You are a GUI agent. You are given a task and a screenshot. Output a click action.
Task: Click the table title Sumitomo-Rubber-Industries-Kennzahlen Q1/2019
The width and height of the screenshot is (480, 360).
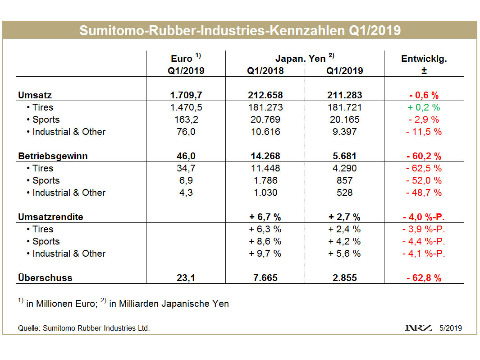coord(240,30)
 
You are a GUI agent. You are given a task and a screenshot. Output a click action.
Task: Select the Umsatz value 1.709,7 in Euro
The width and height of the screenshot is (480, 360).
coord(186,95)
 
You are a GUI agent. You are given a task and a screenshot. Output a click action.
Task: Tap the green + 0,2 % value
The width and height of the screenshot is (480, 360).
coord(424,107)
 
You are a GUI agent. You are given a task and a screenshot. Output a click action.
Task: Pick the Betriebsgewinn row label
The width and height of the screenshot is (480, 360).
coord(53,156)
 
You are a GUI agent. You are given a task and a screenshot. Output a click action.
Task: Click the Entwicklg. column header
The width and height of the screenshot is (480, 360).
coord(424,59)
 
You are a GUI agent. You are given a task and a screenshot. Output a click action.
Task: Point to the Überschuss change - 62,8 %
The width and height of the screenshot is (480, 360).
coord(424,278)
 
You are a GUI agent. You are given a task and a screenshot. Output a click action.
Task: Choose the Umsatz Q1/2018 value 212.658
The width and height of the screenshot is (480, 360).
coord(265,95)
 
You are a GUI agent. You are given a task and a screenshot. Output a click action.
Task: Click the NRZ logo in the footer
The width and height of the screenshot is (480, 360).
coord(419,328)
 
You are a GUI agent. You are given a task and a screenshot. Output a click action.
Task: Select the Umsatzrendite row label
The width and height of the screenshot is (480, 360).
coord(50,217)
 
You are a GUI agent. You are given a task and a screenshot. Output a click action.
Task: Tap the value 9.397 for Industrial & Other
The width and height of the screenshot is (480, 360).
coord(344,132)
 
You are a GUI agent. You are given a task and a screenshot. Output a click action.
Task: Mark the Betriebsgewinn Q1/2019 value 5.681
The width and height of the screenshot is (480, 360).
coord(344,156)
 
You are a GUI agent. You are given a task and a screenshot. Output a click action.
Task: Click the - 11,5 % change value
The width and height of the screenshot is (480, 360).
coord(424,132)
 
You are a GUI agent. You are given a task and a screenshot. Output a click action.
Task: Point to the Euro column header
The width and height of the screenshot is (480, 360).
coord(186,59)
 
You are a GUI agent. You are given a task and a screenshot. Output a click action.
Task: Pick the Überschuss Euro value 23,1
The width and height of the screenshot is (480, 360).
coord(186,278)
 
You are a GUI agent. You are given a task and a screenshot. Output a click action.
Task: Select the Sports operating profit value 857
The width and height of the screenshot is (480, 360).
coord(344,180)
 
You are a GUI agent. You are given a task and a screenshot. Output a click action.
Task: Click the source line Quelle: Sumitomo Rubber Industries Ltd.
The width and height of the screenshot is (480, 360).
coord(84,328)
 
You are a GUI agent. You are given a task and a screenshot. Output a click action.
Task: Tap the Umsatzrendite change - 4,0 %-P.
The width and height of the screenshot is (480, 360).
coord(424,217)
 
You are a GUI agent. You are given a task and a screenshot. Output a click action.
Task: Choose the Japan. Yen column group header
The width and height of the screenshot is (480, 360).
coord(305,59)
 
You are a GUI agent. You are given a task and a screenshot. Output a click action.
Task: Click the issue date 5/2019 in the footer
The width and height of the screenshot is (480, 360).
coord(451,328)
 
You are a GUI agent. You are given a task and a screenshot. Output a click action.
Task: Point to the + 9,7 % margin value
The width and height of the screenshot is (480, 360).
coord(265,254)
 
